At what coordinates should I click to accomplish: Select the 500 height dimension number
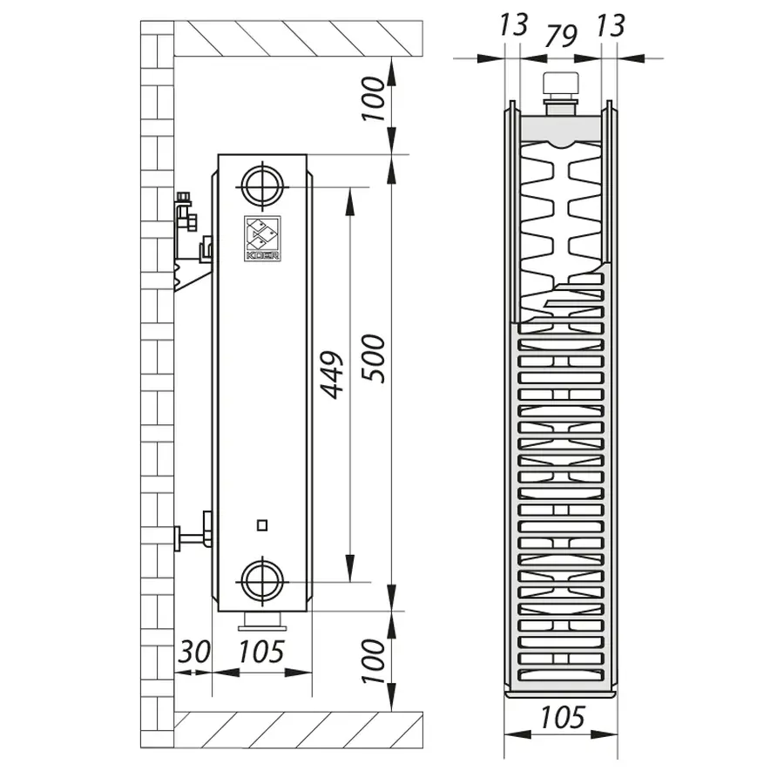(372, 357)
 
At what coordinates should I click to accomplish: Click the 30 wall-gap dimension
(193, 651)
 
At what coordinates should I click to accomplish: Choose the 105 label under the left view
(262, 651)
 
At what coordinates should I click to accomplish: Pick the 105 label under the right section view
(562, 717)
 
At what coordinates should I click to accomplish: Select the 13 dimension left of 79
(515, 24)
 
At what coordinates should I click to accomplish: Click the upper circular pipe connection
(262, 184)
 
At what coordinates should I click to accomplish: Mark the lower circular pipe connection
(262, 579)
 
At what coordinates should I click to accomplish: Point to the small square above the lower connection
(263, 524)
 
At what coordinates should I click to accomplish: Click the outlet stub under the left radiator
(262, 620)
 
